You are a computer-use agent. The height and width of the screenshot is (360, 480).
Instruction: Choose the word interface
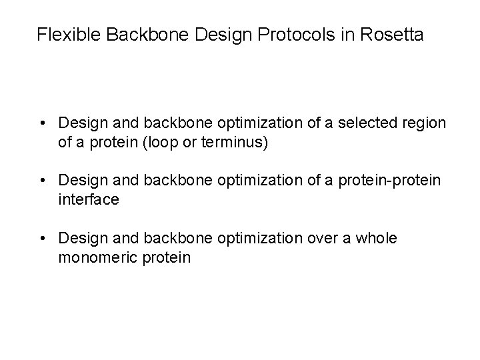[x=89, y=199]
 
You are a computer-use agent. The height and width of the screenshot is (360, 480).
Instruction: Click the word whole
[x=377, y=238]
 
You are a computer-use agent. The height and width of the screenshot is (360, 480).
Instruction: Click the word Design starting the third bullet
[x=79, y=238]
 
